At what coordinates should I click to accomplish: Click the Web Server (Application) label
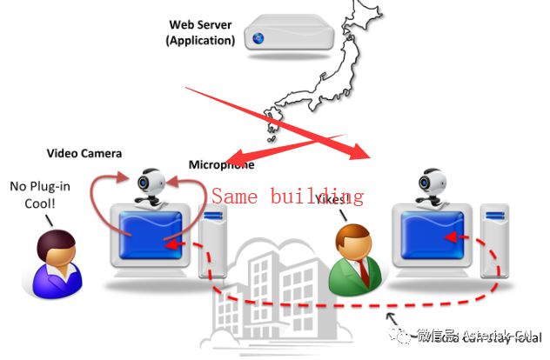click(201, 32)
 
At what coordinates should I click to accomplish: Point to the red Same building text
click(287, 196)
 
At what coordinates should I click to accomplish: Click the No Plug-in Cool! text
click(34, 193)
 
